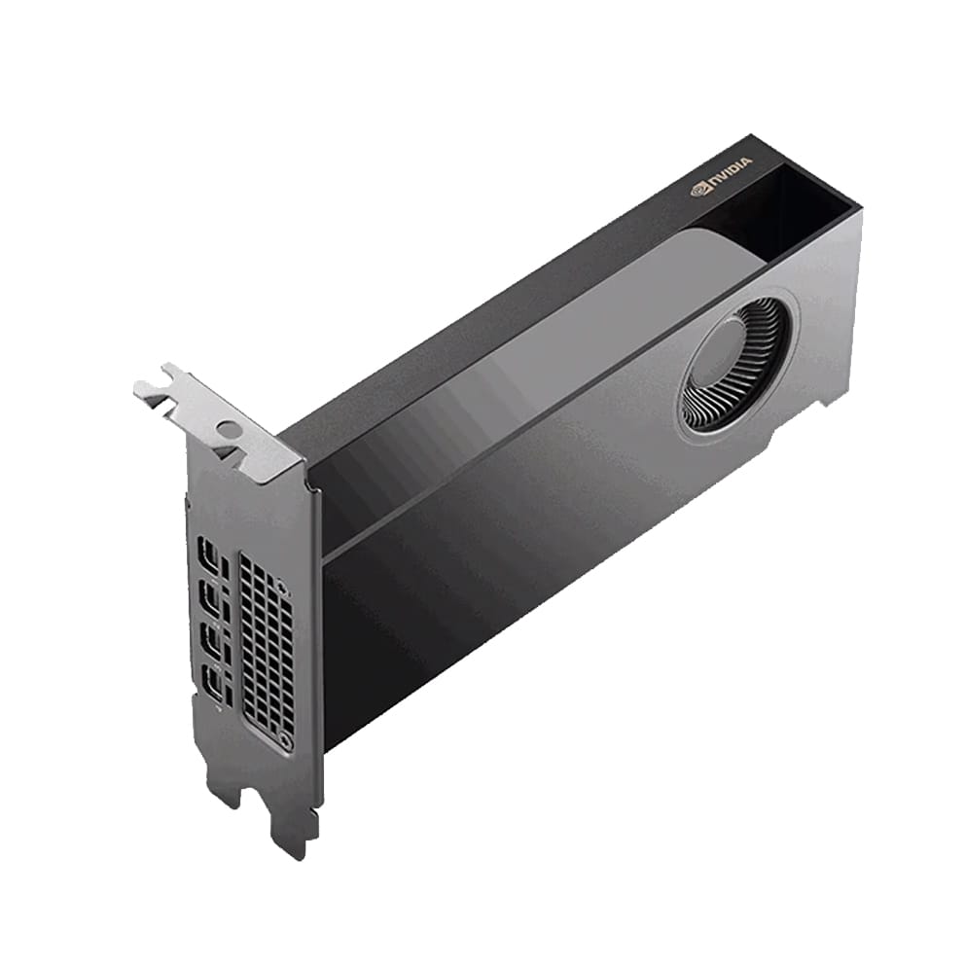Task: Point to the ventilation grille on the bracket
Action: (x=266, y=640)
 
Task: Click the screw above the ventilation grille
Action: (x=284, y=588)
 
